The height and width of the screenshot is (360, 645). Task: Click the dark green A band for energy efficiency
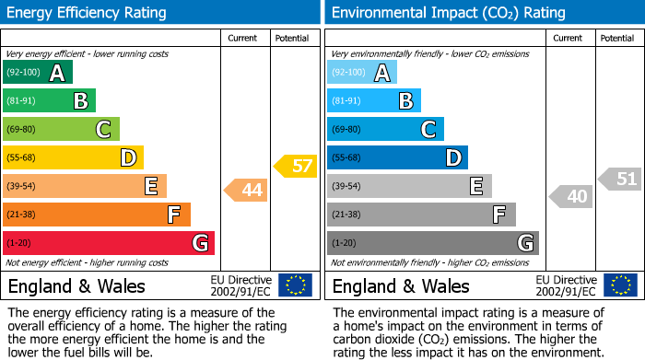[37, 73]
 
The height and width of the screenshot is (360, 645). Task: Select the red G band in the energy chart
[108, 243]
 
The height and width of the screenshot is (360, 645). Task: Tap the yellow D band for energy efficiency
[73, 158]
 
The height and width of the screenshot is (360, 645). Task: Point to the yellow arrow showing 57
[296, 167]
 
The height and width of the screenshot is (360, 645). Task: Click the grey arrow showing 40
[571, 196]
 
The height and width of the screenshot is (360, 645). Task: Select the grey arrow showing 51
[620, 179]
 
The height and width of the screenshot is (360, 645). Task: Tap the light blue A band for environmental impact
[362, 73]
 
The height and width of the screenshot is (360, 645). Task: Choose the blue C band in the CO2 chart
[385, 130]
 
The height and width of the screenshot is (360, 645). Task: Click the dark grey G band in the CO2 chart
[432, 243]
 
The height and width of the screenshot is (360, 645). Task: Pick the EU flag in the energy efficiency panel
[295, 285]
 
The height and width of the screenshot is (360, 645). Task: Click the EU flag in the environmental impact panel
[620, 285]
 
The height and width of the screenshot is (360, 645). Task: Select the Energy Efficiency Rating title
[87, 13]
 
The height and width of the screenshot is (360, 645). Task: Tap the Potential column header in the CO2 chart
[616, 38]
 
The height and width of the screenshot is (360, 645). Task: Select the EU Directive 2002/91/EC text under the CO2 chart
[566, 285]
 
